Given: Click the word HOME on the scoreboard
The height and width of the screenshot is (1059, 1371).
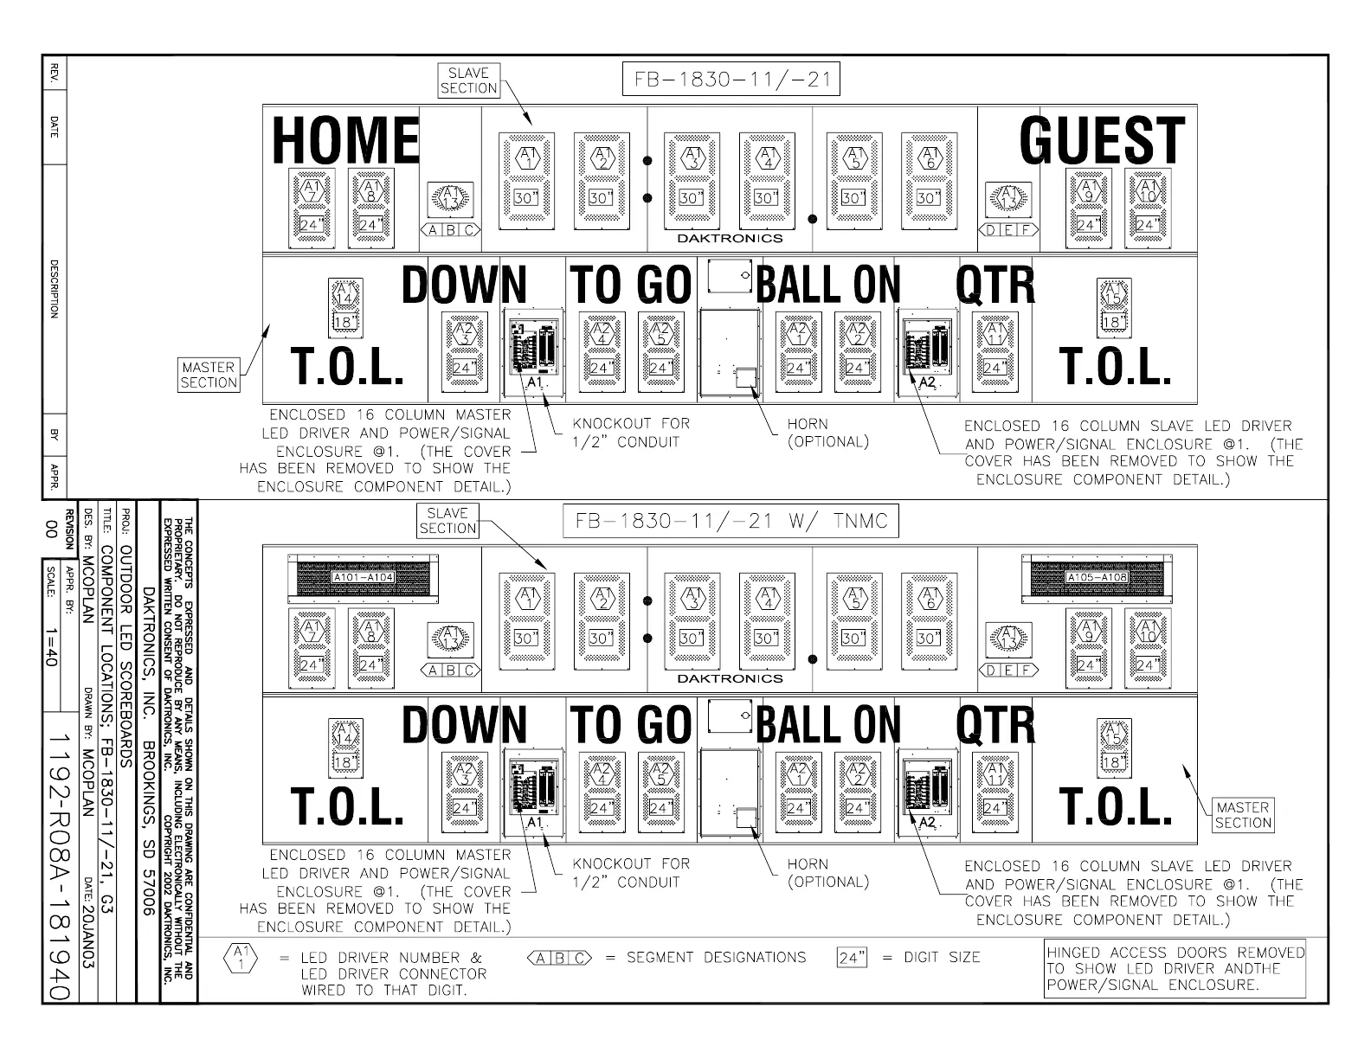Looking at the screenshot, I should tap(345, 140).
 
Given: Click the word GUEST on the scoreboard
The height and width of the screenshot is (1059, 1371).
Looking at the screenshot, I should tap(1101, 140).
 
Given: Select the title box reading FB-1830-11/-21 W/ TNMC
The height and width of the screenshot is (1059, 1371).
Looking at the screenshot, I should tap(731, 522).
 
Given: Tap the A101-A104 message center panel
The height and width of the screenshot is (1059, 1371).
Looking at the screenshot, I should tap(362, 577).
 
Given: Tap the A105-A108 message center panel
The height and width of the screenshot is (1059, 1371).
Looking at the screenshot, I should tap(1096, 577).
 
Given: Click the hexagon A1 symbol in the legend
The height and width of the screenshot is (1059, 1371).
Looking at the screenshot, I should tap(240, 958).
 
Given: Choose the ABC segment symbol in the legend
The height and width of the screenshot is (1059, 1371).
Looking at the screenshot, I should tap(558, 958).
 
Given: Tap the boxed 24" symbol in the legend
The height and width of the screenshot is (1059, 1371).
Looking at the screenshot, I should tap(853, 958).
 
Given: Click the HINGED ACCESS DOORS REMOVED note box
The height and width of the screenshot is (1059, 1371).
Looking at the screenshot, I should tap(1175, 968).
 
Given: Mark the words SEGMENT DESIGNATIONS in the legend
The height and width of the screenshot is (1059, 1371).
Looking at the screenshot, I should tap(716, 958).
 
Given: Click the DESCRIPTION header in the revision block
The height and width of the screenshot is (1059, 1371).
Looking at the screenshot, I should tap(54, 288).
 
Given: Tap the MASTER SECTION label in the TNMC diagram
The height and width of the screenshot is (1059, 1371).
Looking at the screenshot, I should tap(1242, 815).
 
